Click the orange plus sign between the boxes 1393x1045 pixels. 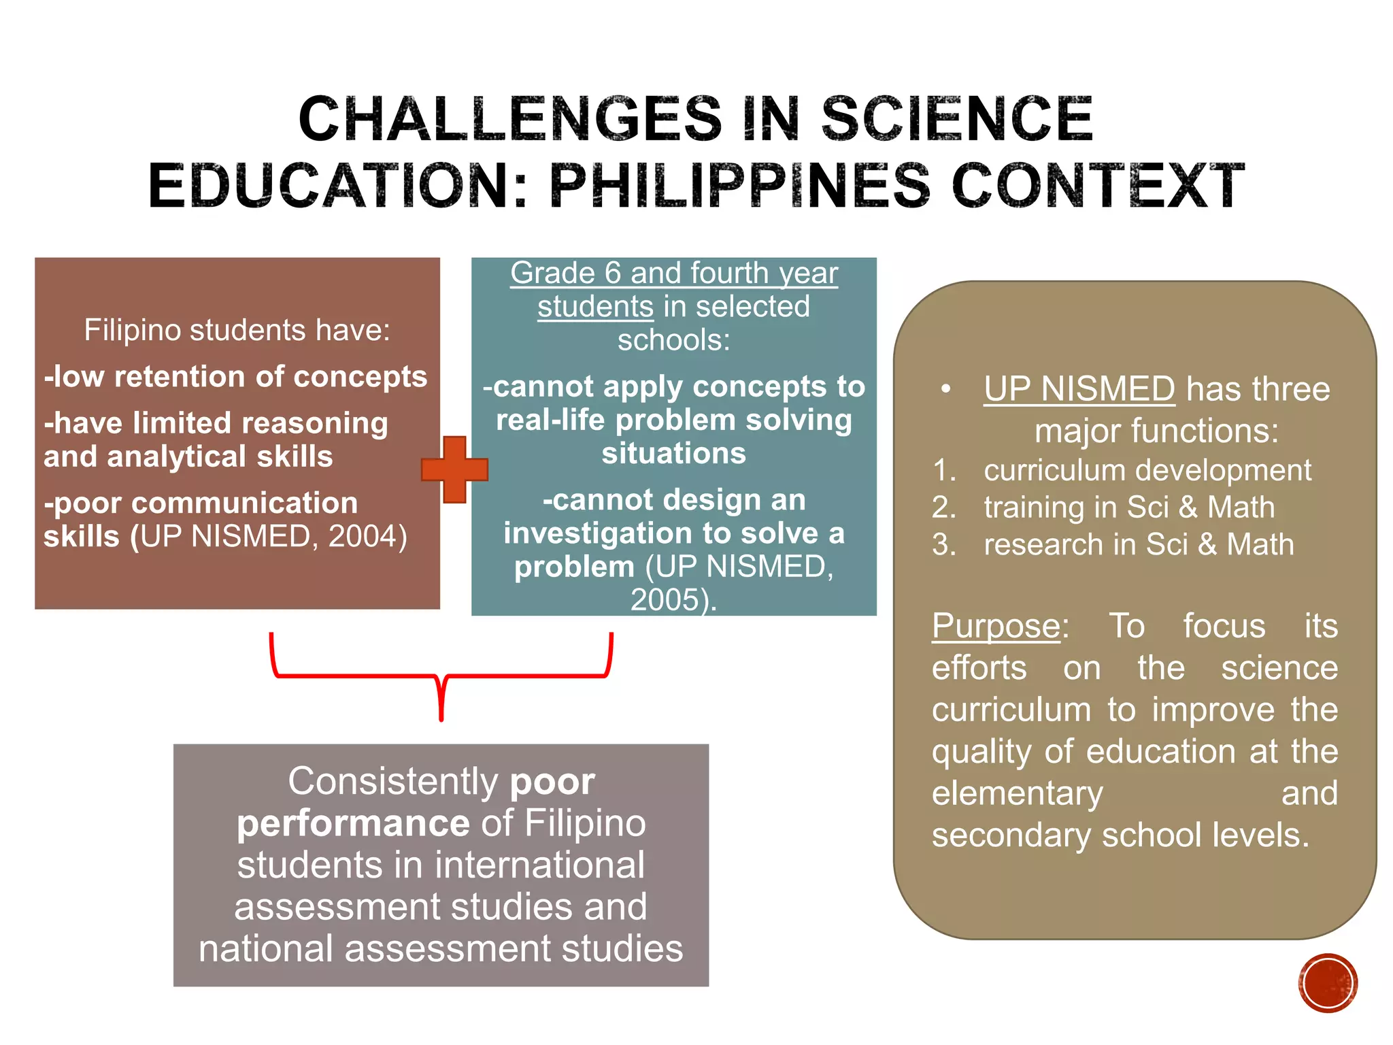coord(454,469)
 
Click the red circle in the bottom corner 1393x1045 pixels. coord(1328,982)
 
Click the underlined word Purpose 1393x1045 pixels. coord(996,626)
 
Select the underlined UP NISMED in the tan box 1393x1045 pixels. coord(1079,389)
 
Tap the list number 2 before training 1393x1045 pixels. coord(944,508)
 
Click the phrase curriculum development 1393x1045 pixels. coord(1147,470)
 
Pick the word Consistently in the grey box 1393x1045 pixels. coord(393,781)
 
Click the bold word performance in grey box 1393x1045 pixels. coord(353,823)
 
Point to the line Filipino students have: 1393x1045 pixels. coord(237,330)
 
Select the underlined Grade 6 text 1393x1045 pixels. coord(673,273)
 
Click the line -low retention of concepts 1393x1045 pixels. coord(235,377)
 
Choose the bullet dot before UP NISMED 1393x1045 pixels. coord(945,389)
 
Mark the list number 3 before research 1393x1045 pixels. coord(944,544)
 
